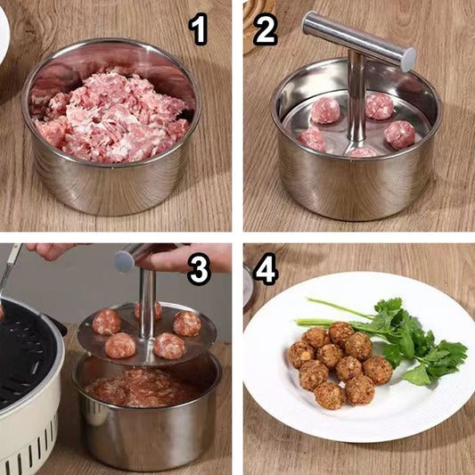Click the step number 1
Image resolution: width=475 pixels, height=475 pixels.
[x=199, y=29]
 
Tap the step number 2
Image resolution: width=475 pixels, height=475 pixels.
[x=265, y=29]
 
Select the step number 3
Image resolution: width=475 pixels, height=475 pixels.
[x=199, y=269]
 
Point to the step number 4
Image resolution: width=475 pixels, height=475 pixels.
[x=266, y=269]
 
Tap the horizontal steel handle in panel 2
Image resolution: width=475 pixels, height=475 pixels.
[x=358, y=41]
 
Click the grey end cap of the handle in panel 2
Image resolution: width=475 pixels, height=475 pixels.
[x=408, y=60]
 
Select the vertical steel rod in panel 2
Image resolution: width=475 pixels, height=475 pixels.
[x=356, y=97]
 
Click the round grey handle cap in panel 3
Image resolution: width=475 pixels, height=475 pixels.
[x=125, y=261]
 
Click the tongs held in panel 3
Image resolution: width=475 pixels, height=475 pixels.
[x=9, y=270]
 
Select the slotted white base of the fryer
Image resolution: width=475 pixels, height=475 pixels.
[x=29, y=439]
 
